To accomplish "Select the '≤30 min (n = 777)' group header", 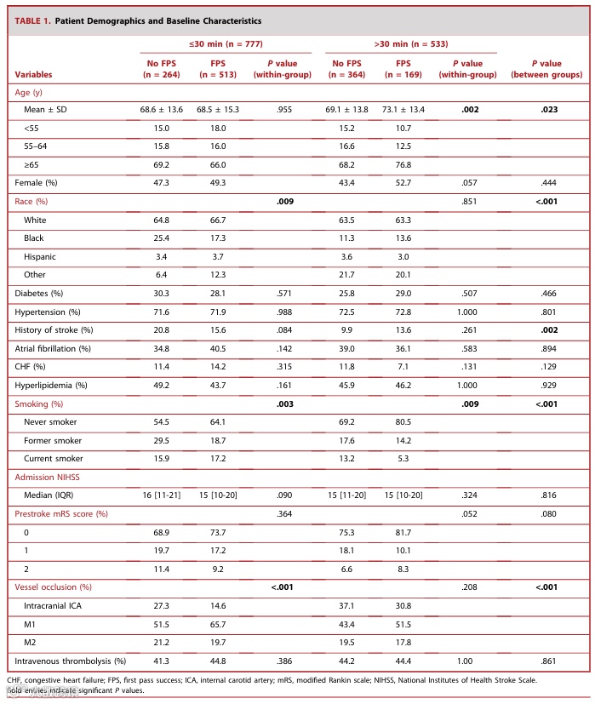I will [219, 43].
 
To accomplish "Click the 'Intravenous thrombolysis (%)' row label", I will [71, 660].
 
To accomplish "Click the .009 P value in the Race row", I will [282, 202].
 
